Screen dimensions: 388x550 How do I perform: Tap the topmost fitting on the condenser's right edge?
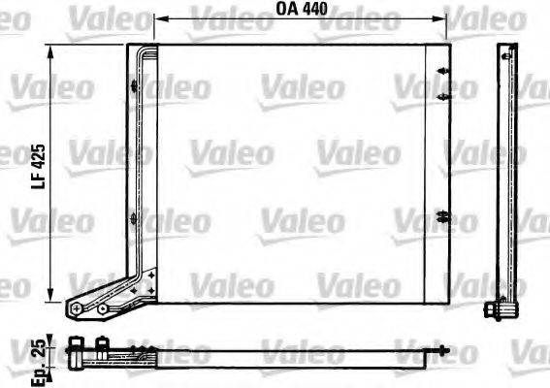(442, 72)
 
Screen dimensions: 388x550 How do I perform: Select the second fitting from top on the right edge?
(442, 97)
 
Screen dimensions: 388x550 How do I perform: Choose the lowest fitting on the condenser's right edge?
(442, 215)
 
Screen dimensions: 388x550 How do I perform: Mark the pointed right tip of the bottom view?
(448, 351)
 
